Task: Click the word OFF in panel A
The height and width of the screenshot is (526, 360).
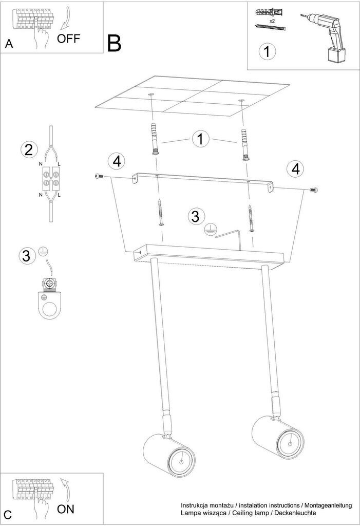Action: click(68, 39)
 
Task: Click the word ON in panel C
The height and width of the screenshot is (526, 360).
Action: click(66, 509)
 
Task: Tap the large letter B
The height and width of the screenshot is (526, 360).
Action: click(114, 43)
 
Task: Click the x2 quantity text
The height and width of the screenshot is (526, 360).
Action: click(272, 21)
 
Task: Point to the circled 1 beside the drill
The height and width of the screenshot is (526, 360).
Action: click(267, 52)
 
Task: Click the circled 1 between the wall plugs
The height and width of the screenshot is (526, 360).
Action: click(201, 139)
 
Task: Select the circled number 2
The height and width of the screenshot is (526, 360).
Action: click(29, 149)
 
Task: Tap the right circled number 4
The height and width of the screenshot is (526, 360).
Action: click(296, 169)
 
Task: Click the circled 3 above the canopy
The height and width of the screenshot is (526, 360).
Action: click(196, 216)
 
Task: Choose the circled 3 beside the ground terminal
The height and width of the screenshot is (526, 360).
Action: click(27, 256)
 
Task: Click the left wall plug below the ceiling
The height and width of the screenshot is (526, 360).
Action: click(154, 138)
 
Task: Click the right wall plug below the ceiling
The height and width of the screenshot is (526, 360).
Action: click(244, 144)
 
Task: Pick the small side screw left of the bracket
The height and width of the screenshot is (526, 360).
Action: click(99, 176)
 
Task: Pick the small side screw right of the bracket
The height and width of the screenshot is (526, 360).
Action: click(313, 190)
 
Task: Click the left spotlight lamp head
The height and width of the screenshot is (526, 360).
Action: click(169, 454)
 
